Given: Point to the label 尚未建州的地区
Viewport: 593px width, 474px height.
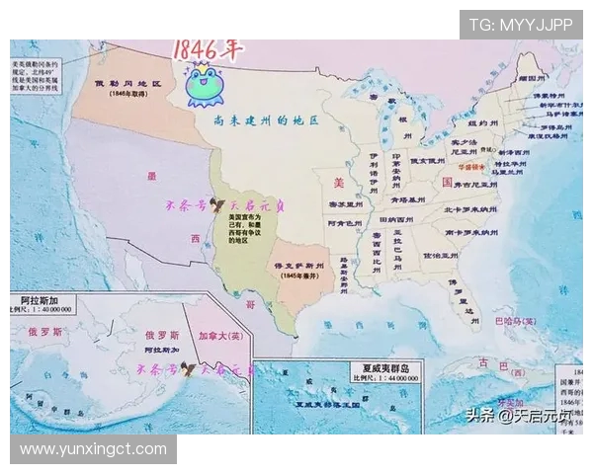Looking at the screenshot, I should click(266, 119).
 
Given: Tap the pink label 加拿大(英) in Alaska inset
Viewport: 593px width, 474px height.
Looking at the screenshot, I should click(220, 334).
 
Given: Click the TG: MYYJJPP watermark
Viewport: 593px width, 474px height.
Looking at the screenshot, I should click(520, 25).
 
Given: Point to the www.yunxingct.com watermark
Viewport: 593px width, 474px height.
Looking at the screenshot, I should click(94, 449).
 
